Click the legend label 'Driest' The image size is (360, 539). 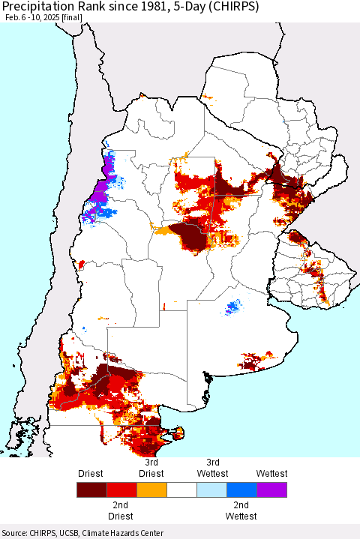[91, 473]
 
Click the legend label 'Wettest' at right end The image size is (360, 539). [271, 473]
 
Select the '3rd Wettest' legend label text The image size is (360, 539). [213, 468]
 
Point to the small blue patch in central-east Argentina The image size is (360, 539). [235, 306]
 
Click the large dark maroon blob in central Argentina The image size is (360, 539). [190, 237]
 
